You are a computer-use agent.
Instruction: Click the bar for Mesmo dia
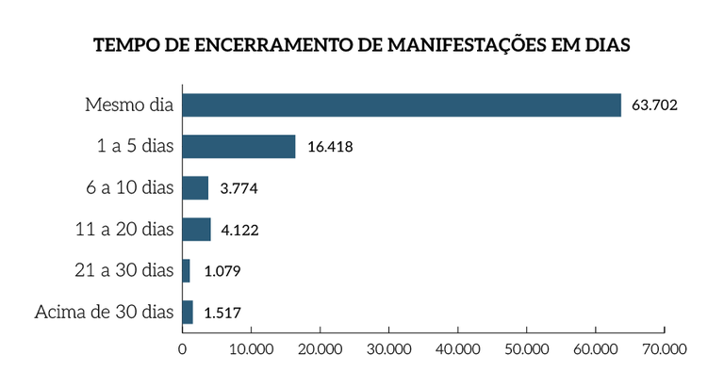click(x=402, y=105)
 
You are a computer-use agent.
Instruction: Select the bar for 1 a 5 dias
click(x=239, y=146)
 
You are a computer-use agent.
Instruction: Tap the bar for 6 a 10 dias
click(x=195, y=187)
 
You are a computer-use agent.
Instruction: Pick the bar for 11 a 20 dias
click(x=196, y=229)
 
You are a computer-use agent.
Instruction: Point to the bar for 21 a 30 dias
click(x=186, y=270)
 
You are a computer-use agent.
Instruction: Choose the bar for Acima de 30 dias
click(x=188, y=312)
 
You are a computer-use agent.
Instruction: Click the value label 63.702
click(x=654, y=105)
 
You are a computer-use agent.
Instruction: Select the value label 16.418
click(x=329, y=147)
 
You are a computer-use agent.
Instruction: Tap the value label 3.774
click(x=239, y=188)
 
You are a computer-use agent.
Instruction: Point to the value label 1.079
click(x=223, y=271)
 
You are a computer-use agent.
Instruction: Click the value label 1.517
click(x=226, y=313)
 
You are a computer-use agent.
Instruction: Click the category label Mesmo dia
click(x=129, y=105)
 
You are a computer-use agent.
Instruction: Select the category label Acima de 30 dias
click(x=105, y=312)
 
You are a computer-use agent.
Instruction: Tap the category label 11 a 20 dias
click(x=124, y=229)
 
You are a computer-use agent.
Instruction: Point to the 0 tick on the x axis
click(x=182, y=347)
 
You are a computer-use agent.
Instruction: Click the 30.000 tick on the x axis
click(x=388, y=347)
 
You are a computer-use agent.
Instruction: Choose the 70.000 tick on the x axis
click(x=665, y=347)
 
